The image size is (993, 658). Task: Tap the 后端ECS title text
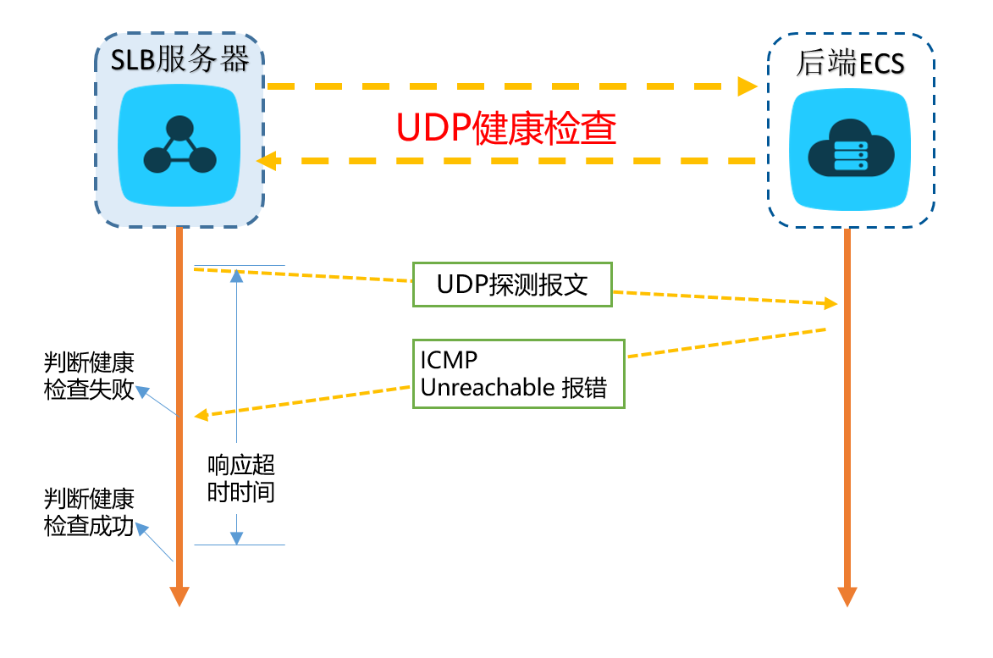850,64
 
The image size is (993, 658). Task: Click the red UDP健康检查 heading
506,130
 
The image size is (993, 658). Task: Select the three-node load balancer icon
179,145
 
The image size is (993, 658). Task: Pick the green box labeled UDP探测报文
511,285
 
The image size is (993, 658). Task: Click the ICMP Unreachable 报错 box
518,373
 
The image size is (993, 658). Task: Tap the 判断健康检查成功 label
89,511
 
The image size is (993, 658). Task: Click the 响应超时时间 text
241,478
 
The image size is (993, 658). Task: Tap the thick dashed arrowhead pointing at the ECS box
747,86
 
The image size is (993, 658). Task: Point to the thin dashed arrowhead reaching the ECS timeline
830,304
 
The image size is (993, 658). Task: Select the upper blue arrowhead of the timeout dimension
238,274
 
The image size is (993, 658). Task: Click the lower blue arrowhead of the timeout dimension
238,537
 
